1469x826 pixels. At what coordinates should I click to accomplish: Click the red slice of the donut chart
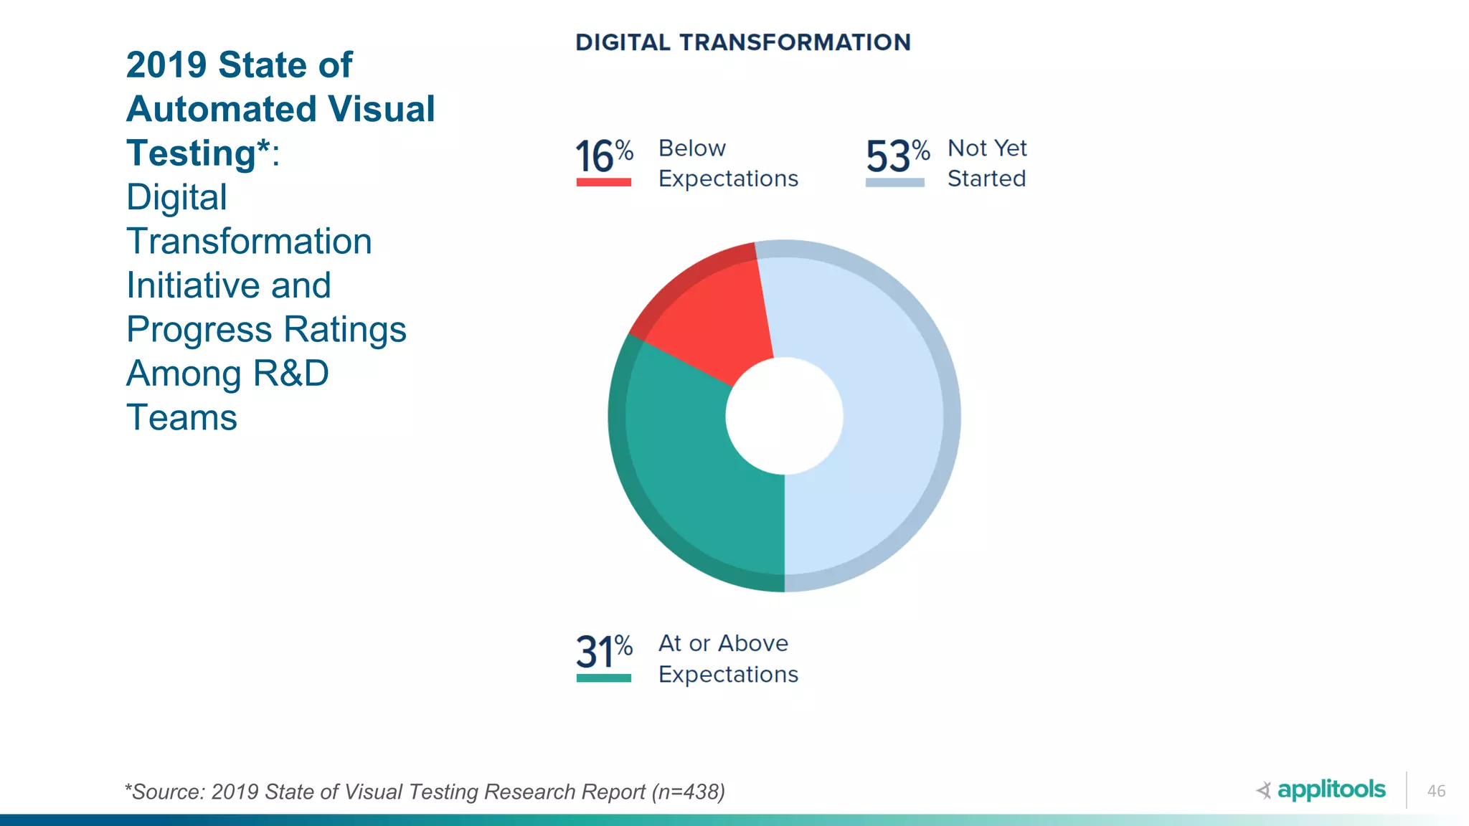tap(710, 315)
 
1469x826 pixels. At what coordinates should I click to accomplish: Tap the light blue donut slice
tap(882, 430)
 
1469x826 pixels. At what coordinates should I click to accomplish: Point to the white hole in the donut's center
tap(784, 416)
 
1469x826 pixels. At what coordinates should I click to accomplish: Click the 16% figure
tap(604, 156)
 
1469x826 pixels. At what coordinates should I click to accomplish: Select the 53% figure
tap(897, 156)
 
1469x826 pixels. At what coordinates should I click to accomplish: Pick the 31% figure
tap(604, 651)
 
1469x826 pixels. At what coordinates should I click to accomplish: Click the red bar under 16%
tap(603, 182)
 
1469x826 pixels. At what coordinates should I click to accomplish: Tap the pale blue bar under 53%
tap(894, 182)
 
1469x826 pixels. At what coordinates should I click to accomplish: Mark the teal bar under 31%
tap(603, 678)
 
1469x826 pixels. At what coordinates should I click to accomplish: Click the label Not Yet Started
tap(987, 163)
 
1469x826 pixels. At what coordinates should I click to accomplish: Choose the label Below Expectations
tap(727, 163)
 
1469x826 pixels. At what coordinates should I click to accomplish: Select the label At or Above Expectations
tap(727, 658)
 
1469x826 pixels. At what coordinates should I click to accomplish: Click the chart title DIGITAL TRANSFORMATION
tap(743, 42)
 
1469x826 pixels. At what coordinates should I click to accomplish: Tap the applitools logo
tap(1321, 789)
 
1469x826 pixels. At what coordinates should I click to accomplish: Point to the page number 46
tap(1436, 791)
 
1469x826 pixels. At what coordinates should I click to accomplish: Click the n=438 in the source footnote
tap(687, 792)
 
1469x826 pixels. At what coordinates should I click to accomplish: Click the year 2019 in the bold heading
tap(166, 65)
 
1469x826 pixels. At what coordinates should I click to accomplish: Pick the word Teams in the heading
tap(181, 418)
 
